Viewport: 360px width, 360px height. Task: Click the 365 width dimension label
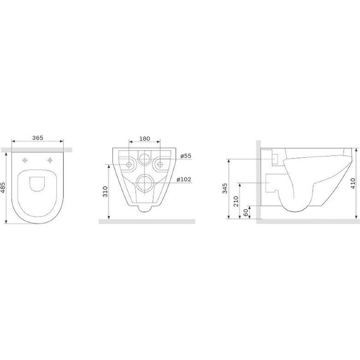coord(37,138)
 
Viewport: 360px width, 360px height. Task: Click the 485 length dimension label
coord(3,188)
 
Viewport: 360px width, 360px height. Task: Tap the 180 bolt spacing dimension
coord(145,138)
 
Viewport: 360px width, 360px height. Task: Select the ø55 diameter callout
coord(186,155)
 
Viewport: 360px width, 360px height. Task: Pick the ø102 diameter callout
coord(184,179)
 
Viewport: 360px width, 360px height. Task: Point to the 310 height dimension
coord(105,191)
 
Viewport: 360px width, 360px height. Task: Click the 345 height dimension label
coord(225,188)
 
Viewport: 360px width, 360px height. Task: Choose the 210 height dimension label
coord(236,201)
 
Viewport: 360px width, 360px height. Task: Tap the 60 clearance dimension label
coord(246,212)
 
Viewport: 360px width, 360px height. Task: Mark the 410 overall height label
coord(353,183)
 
